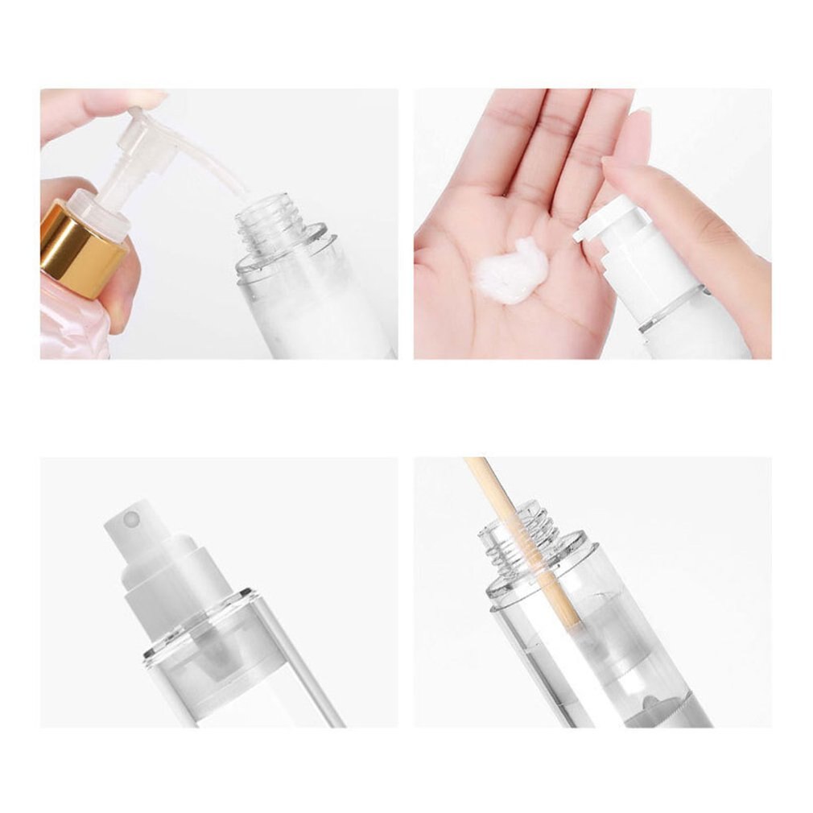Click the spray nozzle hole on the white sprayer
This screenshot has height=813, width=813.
136,521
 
